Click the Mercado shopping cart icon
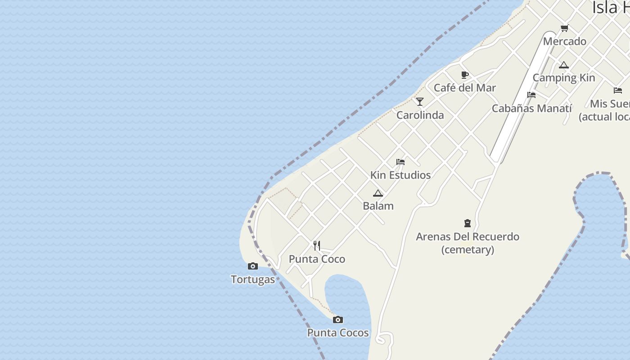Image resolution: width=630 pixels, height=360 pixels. pos(564,28)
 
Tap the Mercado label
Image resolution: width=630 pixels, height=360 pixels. pos(564,41)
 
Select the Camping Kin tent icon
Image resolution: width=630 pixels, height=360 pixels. pos(564,65)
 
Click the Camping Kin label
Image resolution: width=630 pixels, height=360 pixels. pos(564,78)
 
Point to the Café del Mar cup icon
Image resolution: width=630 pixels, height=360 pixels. pos(465,75)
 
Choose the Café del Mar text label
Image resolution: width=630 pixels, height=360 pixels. pos(465,88)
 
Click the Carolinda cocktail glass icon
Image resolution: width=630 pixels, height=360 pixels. pos(420,102)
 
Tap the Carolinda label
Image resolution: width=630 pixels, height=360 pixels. pos(420,115)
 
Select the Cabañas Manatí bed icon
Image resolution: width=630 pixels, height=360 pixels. pos(531,95)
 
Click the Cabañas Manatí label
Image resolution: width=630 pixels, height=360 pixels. pos(531,108)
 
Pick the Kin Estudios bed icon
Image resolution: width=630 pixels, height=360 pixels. pos(400,162)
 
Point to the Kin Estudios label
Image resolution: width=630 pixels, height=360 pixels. pos(400,175)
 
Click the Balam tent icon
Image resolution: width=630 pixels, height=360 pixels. pos(378,193)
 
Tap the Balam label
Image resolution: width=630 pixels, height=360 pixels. pos(378,206)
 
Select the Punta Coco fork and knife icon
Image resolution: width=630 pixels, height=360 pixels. pos(317,246)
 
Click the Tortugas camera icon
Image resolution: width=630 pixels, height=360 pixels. pos(253,266)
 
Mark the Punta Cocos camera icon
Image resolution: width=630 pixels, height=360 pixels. pos(338,320)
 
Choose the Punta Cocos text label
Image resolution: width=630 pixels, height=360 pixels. pos(338,333)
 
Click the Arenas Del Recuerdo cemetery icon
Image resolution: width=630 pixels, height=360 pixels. pos(468,223)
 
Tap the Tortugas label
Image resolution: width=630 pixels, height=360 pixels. pos(253,279)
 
